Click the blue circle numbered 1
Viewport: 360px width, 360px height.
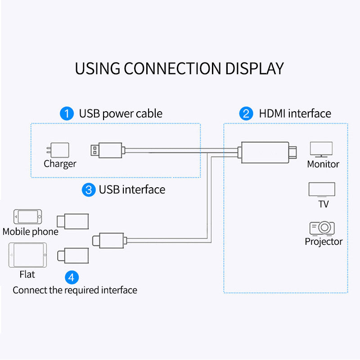tap(67, 114)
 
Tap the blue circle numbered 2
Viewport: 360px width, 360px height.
tap(246, 114)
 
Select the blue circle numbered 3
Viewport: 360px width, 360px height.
tap(89, 190)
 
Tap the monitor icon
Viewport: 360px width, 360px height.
tap(321, 149)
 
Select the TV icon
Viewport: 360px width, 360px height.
tap(321, 189)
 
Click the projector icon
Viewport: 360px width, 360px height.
tap(322, 228)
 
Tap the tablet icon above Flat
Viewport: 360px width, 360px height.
tap(27, 255)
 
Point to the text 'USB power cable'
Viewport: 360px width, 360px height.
tap(121, 114)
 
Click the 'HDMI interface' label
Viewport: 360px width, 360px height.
tap(295, 114)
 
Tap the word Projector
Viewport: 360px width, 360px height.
tap(324, 242)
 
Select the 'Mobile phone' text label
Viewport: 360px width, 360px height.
tap(31, 232)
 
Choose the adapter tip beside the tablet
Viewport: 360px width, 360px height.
tap(72, 256)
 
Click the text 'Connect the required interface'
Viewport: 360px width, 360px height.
tap(75, 290)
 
